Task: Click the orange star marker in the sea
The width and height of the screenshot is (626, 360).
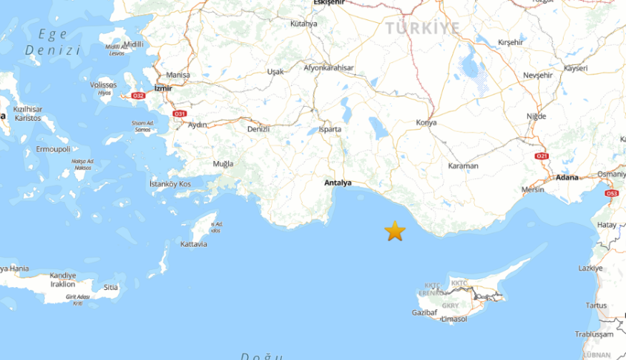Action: click(x=395, y=230)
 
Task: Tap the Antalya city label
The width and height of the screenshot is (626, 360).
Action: click(x=338, y=183)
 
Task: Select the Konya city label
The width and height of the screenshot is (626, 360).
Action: click(x=426, y=123)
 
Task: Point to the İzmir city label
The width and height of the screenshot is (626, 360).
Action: click(x=163, y=88)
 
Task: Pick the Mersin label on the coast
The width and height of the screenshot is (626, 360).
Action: click(x=533, y=190)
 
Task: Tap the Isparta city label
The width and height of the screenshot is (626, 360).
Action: click(x=330, y=130)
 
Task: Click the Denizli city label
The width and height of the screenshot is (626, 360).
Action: click(x=258, y=129)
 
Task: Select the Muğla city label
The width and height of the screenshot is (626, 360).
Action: click(x=223, y=164)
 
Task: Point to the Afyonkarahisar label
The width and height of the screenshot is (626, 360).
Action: click(x=329, y=68)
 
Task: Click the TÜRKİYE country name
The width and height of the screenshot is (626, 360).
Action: click(x=423, y=28)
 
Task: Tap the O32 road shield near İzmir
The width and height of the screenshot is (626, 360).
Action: click(x=138, y=95)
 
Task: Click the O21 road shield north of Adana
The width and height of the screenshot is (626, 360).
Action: click(x=542, y=156)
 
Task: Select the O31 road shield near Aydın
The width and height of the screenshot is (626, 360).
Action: click(x=180, y=114)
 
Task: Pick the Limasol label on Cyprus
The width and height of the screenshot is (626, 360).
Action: click(x=454, y=318)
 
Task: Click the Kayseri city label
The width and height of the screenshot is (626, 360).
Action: click(x=575, y=68)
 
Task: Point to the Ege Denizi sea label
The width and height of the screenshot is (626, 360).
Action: click(x=52, y=42)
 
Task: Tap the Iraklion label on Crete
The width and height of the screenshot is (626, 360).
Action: click(x=62, y=284)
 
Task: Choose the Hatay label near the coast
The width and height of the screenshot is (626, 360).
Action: click(x=607, y=225)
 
